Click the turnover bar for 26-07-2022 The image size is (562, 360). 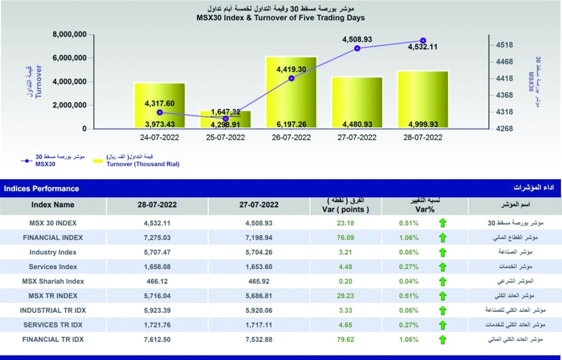tap(291, 93)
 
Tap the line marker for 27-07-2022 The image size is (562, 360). tap(357, 48)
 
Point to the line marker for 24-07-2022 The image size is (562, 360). tap(160, 112)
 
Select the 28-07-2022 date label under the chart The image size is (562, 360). tap(422, 137)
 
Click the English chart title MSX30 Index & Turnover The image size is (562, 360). tap(280, 18)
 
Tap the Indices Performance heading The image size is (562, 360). tap(42, 189)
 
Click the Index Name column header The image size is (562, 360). tap(53, 205)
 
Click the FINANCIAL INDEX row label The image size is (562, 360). tap(53, 238)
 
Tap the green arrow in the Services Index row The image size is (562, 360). tap(443, 267)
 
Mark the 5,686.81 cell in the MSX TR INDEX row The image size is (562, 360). tap(261, 296)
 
